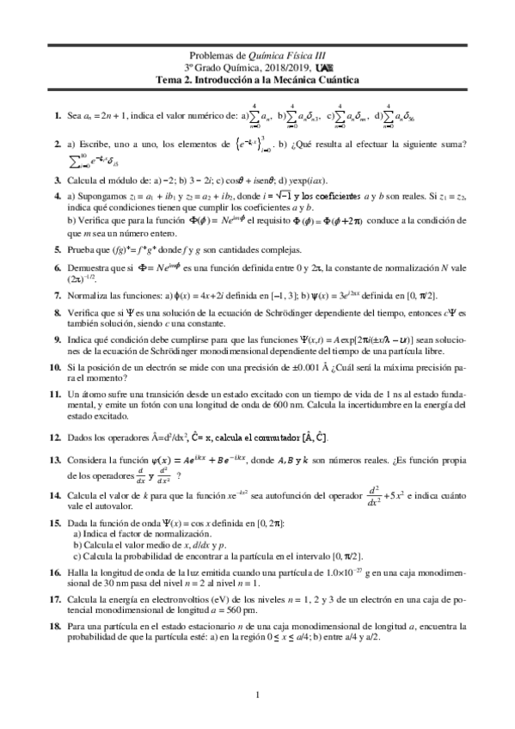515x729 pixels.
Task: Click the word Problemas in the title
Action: click(210, 52)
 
